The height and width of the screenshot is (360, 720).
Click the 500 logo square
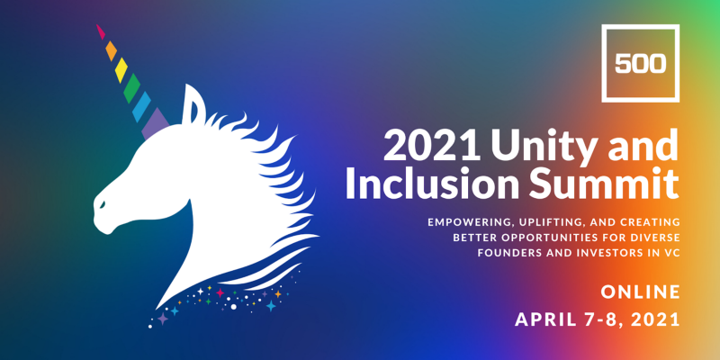click(x=640, y=27)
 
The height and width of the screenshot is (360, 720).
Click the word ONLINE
click(x=640, y=292)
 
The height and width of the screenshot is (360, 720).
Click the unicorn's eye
click(x=102, y=202)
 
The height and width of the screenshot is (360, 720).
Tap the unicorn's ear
click(x=193, y=104)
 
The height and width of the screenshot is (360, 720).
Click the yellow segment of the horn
click(x=121, y=70)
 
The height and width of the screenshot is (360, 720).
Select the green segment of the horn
click(x=131, y=88)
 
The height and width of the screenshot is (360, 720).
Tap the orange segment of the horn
click(x=111, y=51)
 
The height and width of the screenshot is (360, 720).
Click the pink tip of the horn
click(x=101, y=31)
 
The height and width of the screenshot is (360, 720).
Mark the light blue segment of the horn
click(x=142, y=106)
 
